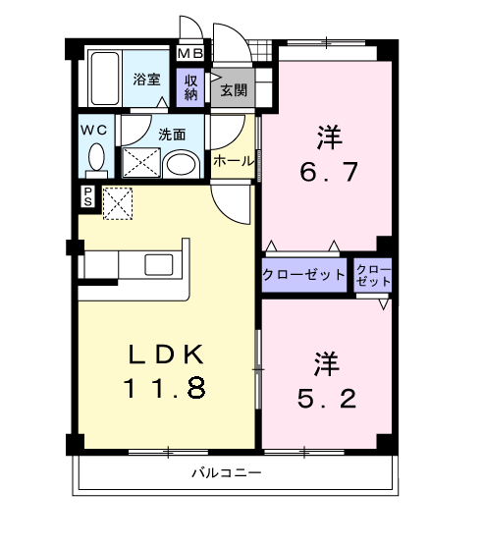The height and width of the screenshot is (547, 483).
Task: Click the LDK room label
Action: coord(164,355)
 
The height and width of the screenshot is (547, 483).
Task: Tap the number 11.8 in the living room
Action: coord(164,389)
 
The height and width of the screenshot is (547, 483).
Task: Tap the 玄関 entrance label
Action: coord(234,91)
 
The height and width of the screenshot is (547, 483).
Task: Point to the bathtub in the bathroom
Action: coord(103,79)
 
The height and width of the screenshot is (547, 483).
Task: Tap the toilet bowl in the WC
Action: coord(96,158)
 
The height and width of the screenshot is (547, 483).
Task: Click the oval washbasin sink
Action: coord(180,163)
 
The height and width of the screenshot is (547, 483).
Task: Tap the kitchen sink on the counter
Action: coord(158,263)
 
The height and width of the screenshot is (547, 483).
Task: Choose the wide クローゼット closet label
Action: coord(304,275)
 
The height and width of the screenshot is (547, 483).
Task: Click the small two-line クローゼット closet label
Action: coord(373,274)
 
